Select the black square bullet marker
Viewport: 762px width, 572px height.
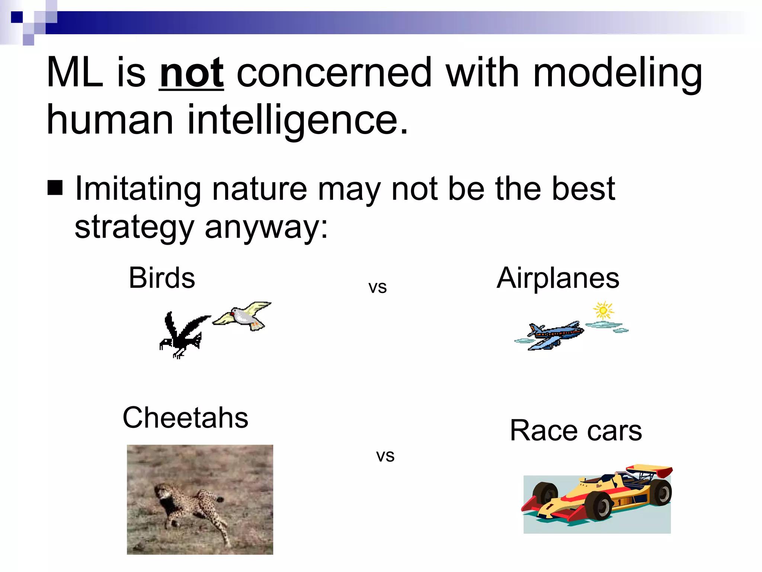click(x=55, y=188)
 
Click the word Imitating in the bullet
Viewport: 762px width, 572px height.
click(x=138, y=189)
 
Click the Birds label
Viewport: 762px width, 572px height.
click(x=162, y=278)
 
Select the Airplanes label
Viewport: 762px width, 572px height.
click(x=558, y=278)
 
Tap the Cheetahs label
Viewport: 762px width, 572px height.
click(x=185, y=418)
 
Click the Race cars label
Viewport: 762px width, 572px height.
click(x=576, y=430)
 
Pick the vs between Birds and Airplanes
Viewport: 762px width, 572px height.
click(x=377, y=287)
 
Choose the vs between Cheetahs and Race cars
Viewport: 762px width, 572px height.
click(x=385, y=456)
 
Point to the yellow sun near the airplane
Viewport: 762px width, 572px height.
click(x=603, y=310)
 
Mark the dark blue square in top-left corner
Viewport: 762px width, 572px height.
click(x=17, y=17)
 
